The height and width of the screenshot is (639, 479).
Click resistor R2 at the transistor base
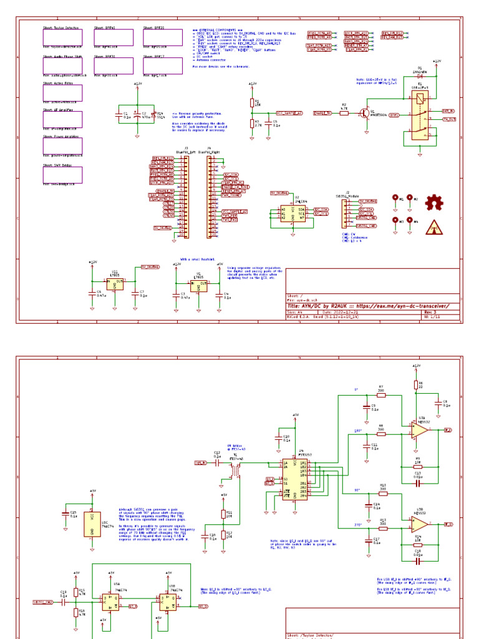(343, 113)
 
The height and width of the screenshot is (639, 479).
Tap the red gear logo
(435, 202)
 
